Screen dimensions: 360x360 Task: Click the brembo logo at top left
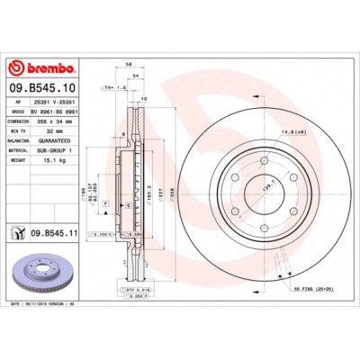pyautogui.click(x=42, y=67)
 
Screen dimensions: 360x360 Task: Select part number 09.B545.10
pyautogui.click(x=42, y=87)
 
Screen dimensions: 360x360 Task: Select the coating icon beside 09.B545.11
pyautogui.click(x=18, y=233)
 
